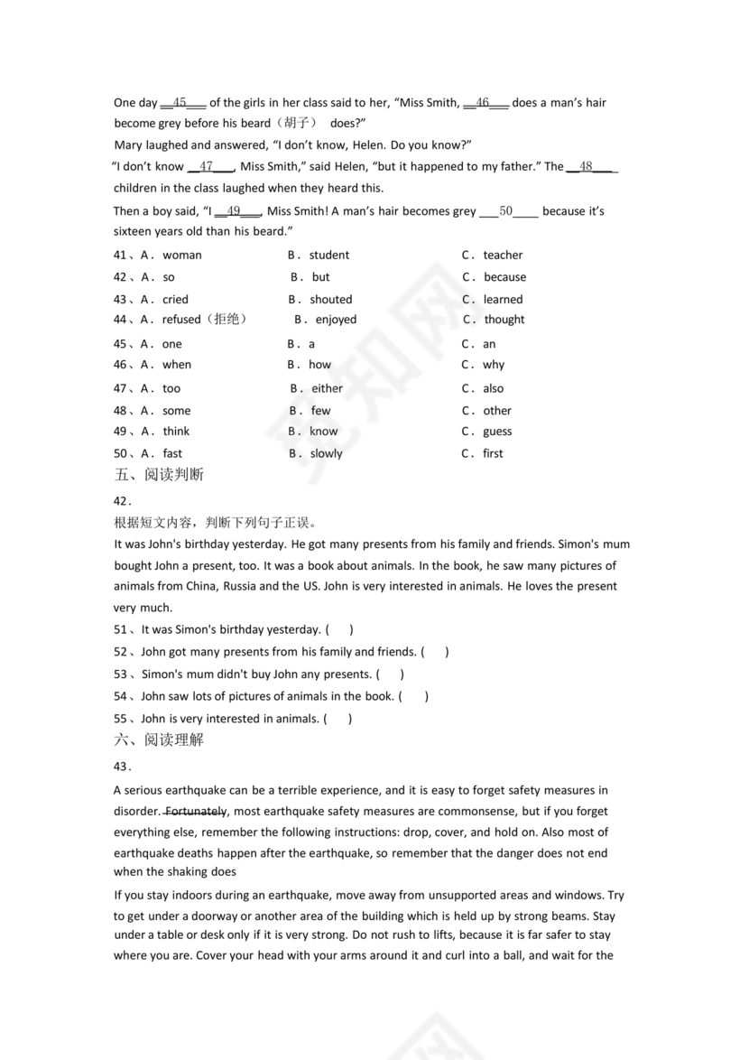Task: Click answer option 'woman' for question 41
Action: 181,256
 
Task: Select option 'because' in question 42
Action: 504,277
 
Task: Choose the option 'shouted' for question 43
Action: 331,300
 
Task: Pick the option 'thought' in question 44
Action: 504,320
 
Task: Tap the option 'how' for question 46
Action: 320,365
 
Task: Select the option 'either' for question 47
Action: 327,389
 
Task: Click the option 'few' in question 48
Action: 320,411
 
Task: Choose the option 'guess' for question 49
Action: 497,432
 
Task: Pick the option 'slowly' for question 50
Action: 326,454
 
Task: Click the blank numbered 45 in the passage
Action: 180,103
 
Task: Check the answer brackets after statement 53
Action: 390,674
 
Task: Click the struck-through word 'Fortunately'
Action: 197,811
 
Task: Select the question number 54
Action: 120,697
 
